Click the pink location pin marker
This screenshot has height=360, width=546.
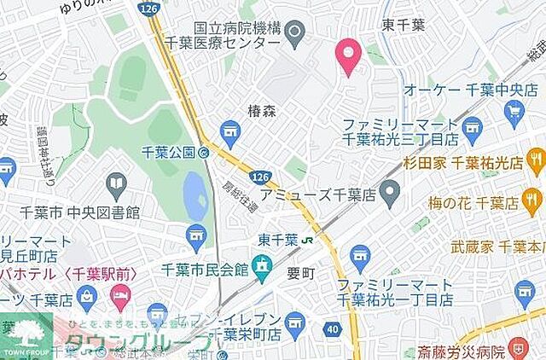coord(347,55)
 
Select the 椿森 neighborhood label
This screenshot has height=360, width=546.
coord(263,110)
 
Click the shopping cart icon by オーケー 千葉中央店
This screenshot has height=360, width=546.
coord(514,110)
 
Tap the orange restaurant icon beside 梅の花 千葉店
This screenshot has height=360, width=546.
coord(534,202)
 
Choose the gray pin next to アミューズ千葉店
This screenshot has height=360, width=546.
coord(390,195)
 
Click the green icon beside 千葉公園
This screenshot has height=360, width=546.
coord(204,154)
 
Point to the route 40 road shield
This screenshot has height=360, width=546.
coord(330,328)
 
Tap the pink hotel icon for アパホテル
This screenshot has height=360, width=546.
coord(121,298)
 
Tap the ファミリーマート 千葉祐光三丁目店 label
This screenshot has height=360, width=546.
coord(399,131)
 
